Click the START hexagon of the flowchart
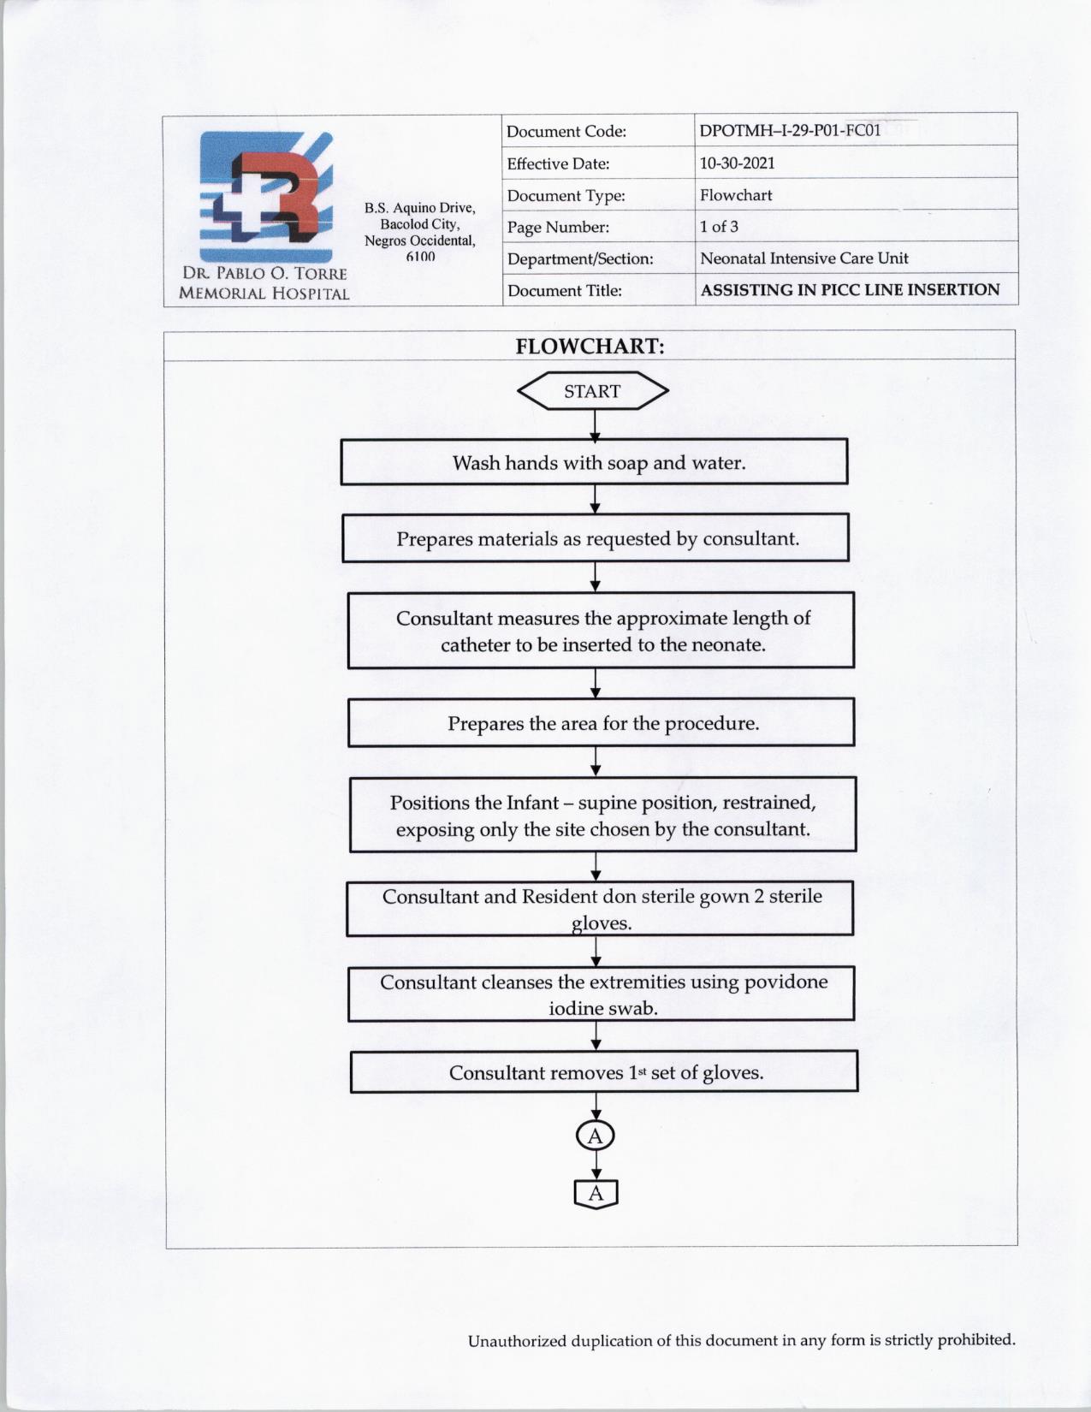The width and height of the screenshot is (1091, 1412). pos(592,391)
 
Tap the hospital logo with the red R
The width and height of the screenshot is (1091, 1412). pos(265,197)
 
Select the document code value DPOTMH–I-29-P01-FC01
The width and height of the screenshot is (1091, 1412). pos(790,131)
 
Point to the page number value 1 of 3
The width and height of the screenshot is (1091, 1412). pos(719,227)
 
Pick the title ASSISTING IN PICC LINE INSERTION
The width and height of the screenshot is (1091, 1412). pos(850,290)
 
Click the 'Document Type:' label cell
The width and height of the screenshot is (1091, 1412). pos(566,195)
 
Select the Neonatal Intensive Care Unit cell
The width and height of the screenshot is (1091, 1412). pos(803,258)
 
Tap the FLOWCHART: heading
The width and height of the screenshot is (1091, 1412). pos(590,347)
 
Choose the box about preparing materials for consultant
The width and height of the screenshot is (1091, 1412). pos(596,538)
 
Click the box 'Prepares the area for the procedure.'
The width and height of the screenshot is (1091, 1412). pos(602,723)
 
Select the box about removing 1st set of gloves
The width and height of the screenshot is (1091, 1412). pos(604,1072)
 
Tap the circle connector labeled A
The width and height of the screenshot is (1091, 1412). pos(596,1136)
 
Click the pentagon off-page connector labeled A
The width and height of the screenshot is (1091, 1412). pos(596,1194)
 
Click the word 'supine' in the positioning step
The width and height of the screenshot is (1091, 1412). pos(604,803)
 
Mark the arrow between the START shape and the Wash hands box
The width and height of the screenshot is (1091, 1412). pos(595,425)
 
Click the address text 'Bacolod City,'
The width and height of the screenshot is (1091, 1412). pos(419,224)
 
